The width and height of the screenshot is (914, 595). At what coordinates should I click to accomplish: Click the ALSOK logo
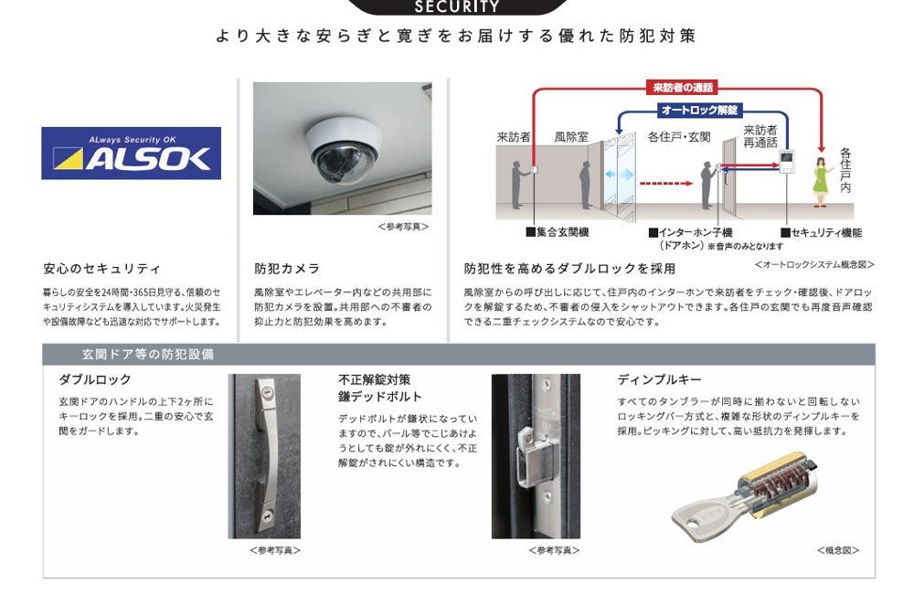point(132,153)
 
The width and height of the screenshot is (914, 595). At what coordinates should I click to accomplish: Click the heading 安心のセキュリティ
point(101,269)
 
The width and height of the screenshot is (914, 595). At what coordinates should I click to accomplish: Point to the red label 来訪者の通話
point(685,88)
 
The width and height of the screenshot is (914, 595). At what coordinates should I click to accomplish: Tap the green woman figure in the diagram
point(822,178)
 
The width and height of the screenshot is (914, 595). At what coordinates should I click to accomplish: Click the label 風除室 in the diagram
point(571,137)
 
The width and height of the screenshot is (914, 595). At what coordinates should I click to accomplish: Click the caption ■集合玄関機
point(557,233)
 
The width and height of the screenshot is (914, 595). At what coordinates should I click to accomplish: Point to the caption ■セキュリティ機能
point(821,233)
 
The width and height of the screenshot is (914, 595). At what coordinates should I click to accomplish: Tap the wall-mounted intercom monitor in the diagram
point(785,164)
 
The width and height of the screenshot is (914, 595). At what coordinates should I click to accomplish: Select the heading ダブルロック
point(95,379)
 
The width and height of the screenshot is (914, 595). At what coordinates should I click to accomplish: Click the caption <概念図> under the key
point(837,550)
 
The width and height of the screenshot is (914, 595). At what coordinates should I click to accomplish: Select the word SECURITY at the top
point(457,7)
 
